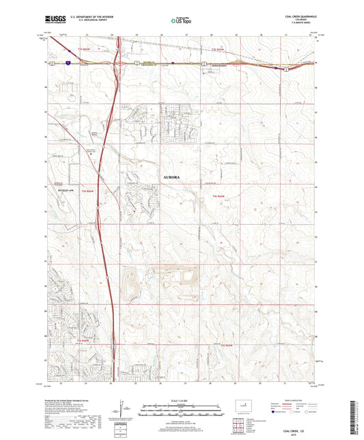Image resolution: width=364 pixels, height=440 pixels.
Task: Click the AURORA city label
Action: point(173,177)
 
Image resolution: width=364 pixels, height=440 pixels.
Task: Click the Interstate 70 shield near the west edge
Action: point(68,61)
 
